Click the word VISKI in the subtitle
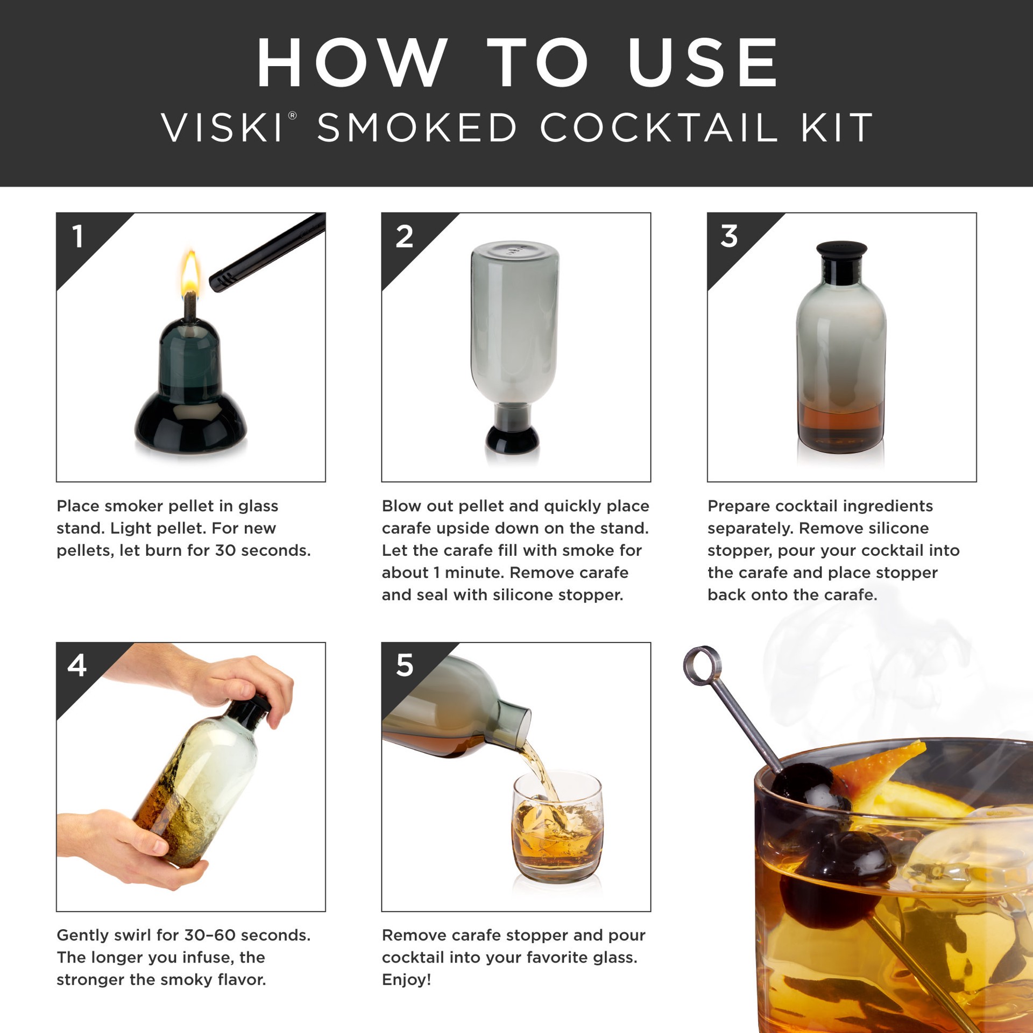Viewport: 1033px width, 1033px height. click(222, 128)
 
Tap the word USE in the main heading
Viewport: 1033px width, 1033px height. click(703, 63)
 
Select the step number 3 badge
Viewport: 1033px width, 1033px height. click(729, 237)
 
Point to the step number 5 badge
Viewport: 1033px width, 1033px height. click(404, 666)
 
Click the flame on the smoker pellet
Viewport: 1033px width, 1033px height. click(190, 273)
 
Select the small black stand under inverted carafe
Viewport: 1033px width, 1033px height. click(512, 438)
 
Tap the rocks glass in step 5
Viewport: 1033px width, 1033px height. click(557, 829)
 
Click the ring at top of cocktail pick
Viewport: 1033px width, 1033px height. click(702, 664)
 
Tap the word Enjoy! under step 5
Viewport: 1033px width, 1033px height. click(406, 980)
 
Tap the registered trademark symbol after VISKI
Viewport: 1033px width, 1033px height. click(293, 116)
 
